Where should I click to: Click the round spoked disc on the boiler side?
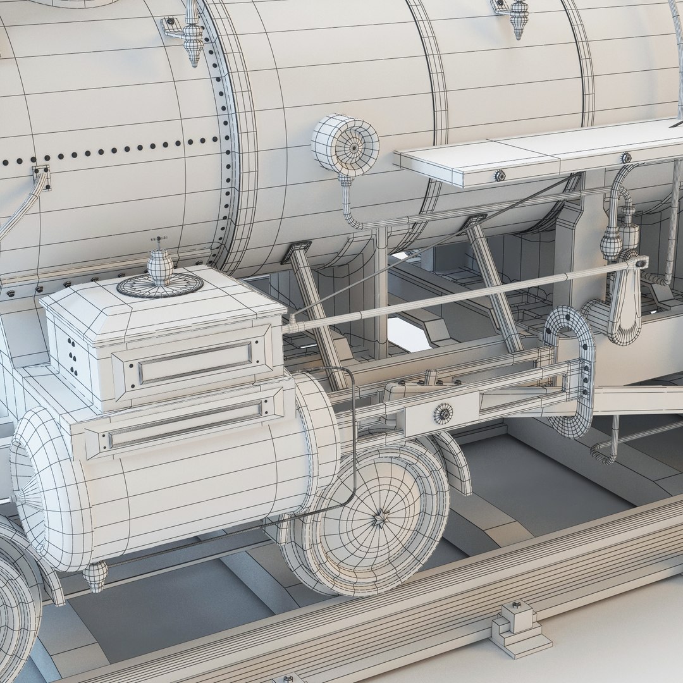(x=345, y=144)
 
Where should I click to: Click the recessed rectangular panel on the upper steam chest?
(x=195, y=362)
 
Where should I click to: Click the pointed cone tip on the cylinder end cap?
(x=19, y=497)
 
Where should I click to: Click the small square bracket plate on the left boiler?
(x=41, y=173)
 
